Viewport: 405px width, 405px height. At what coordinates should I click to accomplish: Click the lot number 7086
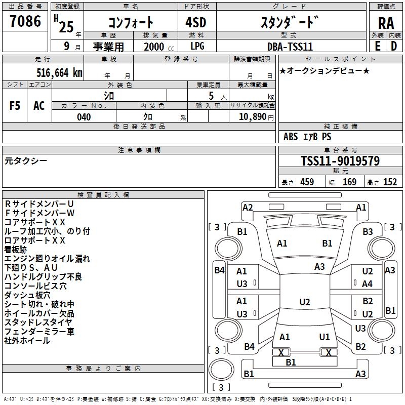click(25, 21)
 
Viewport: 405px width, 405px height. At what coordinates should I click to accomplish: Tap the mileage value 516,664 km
click(59, 72)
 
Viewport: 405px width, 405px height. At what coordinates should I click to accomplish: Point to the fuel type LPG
click(197, 47)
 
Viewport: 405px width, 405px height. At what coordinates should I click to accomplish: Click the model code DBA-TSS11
click(290, 47)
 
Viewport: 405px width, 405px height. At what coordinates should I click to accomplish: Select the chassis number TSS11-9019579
click(340, 161)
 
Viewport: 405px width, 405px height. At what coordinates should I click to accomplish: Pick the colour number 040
click(84, 117)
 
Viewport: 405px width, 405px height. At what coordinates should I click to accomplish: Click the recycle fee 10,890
click(252, 117)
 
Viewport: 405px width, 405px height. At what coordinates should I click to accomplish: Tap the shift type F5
click(15, 105)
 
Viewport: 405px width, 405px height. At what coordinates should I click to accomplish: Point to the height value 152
click(390, 182)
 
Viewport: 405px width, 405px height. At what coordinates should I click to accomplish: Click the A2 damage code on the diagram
click(248, 207)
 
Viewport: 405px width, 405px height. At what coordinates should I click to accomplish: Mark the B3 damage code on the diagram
click(368, 232)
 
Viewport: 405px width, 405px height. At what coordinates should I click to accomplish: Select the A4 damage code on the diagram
click(368, 284)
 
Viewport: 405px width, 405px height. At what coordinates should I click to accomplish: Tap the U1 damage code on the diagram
click(325, 337)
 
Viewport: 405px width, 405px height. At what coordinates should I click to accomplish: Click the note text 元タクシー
click(26, 160)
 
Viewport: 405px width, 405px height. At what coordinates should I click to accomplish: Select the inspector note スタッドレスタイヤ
click(38, 322)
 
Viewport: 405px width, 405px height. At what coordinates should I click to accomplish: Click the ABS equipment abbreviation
click(291, 137)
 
